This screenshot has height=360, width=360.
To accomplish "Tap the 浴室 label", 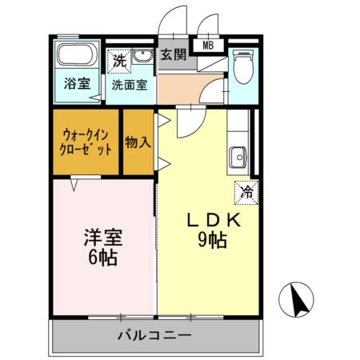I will (77, 83).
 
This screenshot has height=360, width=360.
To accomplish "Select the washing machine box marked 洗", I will (118, 58).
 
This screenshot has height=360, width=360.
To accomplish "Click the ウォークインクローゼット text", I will (85, 142).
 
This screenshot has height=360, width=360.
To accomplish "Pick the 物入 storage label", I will (138, 142).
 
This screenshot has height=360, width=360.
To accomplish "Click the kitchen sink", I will (238, 157).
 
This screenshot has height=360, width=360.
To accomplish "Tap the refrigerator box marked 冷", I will (247, 191).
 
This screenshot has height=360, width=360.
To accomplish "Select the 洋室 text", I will (102, 238).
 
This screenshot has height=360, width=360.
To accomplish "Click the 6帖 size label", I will (102, 258).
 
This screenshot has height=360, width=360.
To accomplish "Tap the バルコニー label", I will (156, 334).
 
